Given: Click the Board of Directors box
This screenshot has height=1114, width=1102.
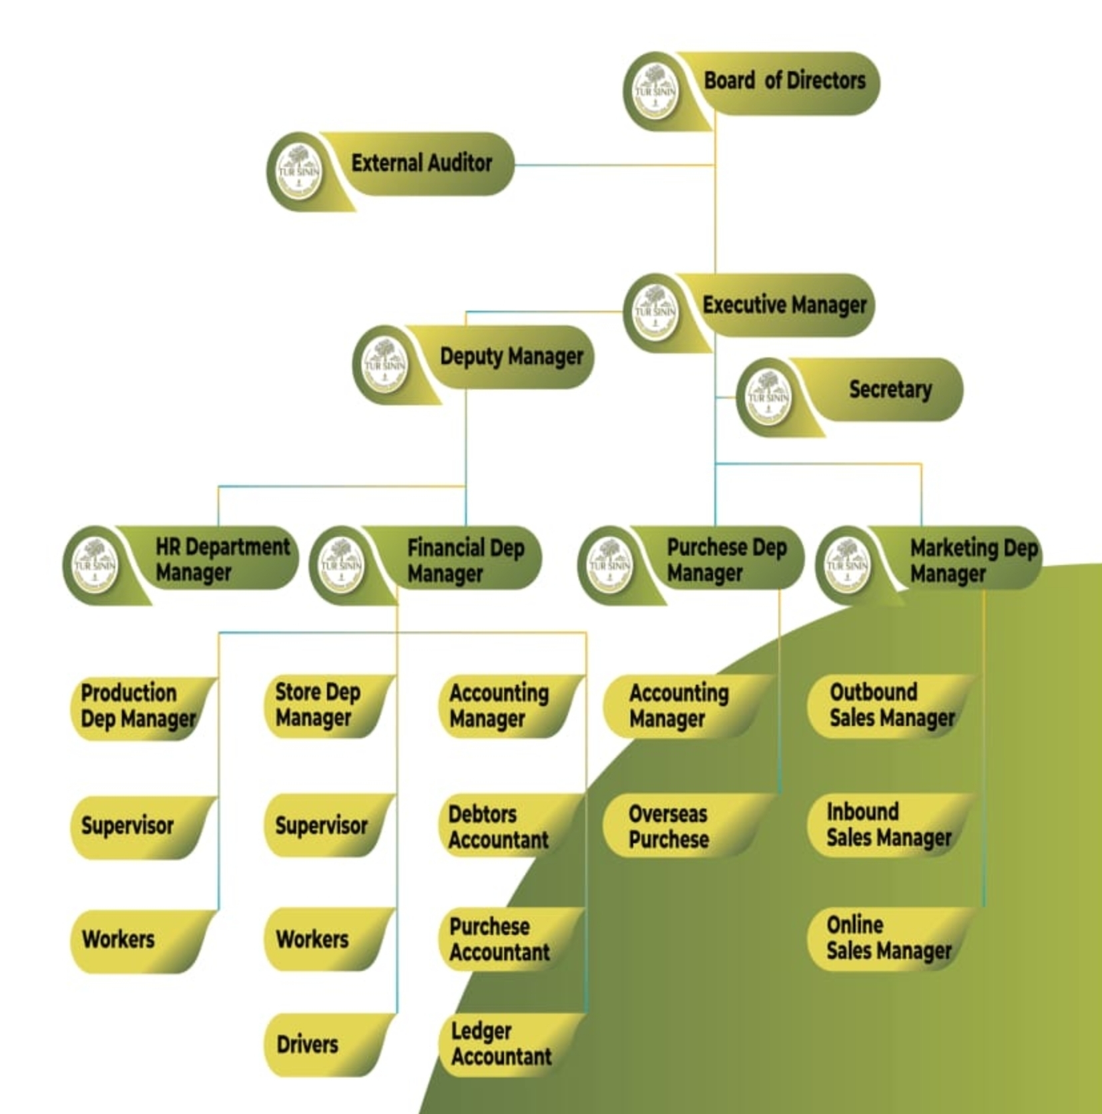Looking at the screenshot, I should point(784,82).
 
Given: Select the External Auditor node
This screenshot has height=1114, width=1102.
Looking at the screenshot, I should point(421,163).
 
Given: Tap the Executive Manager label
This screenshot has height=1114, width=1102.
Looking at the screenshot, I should point(784,305).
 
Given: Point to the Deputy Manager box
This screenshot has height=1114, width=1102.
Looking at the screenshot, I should point(511,357).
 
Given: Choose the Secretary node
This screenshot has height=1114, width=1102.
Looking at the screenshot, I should point(890,389).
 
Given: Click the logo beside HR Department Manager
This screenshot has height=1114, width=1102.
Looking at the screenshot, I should point(95,565).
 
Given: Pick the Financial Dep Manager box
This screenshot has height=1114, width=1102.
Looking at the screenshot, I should point(465,560).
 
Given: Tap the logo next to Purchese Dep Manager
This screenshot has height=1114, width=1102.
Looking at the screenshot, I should point(609,565).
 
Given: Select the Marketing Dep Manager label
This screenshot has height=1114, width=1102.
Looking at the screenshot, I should point(973,560).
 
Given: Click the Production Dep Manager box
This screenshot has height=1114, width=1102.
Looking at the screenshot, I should point(138,707).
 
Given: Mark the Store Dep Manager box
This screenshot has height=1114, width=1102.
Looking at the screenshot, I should point(318,705).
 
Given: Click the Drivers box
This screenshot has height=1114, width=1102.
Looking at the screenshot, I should point(308,1045).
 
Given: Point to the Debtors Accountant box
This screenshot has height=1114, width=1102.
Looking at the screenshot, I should point(498,827).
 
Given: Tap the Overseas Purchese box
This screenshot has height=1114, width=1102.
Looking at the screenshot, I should point(669,827).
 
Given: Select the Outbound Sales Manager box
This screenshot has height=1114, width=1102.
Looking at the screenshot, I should point(891,705).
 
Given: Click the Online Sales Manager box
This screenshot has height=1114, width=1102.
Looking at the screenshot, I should point(888,938).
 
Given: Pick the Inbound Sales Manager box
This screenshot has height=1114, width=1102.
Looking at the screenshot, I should point(888,825).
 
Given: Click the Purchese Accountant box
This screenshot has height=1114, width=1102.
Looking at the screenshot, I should point(499,940).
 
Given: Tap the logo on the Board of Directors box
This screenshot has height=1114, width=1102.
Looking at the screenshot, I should point(655,91).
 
